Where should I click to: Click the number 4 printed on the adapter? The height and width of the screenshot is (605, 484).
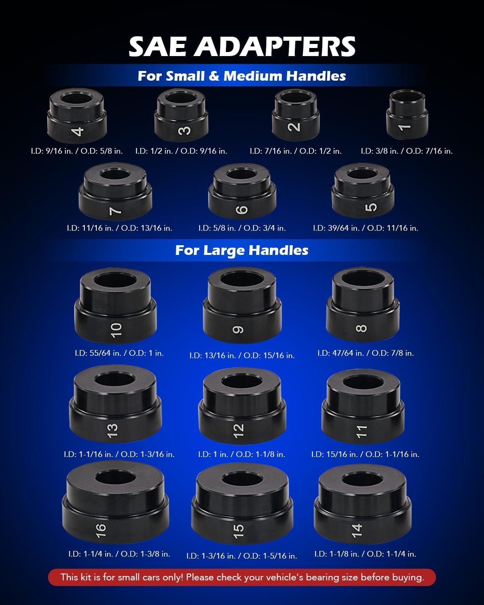78,131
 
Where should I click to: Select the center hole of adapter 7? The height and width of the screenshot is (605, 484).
115,174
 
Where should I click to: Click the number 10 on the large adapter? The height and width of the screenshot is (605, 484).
116,330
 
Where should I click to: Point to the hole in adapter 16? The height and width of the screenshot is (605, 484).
116,478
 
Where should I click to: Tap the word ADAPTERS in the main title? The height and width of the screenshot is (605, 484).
275,46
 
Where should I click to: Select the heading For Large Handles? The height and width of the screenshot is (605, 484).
242,250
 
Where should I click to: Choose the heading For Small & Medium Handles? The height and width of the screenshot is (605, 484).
242,76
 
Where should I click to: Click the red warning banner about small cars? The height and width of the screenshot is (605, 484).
242,578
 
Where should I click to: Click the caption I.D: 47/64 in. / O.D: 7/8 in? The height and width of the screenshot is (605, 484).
365,353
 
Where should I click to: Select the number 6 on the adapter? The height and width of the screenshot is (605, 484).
242,209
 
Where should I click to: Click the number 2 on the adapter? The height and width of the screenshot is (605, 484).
294,127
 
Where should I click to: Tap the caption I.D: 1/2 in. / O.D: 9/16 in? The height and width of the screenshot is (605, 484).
181,151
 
